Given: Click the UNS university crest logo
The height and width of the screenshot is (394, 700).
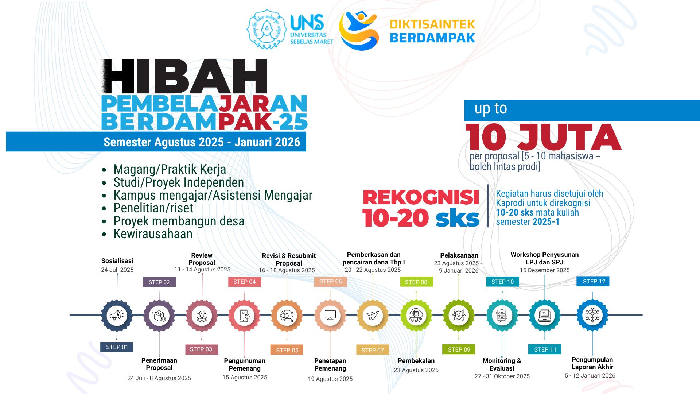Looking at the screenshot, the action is (267, 29).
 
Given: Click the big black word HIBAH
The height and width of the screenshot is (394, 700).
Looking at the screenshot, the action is (184, 76).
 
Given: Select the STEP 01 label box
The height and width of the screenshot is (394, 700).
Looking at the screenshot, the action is (117, 347).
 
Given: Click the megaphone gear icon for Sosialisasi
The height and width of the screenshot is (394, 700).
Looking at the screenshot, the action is (117, 315).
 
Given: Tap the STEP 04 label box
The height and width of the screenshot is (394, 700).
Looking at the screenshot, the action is (245, 282).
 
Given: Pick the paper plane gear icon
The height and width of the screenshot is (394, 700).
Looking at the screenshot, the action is (373, 315).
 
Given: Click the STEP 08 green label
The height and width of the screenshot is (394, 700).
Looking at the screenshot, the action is (416, 282).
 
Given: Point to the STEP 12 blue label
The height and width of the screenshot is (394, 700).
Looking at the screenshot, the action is (593, 281).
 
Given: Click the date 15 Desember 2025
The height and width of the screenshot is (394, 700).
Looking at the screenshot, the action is (545, 270).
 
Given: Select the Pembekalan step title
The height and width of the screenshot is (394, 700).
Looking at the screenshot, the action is (416, 361).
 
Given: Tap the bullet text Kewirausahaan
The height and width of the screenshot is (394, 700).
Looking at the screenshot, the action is (153, 234).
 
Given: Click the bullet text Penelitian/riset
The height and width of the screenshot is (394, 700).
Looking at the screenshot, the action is (153, 208).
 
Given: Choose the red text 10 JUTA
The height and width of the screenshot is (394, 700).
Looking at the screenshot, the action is (544, 137).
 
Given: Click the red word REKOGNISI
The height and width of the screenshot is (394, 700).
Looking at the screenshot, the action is (421, 197).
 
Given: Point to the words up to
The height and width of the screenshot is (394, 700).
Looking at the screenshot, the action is (491, 109).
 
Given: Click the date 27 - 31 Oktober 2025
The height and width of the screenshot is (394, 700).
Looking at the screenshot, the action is (502, 376).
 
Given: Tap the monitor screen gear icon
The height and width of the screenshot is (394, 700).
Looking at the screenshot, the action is (330, 315).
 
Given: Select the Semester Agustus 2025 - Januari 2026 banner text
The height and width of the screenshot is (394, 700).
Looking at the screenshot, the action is (202, 142).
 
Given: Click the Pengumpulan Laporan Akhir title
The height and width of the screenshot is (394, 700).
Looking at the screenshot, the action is (592, 363).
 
